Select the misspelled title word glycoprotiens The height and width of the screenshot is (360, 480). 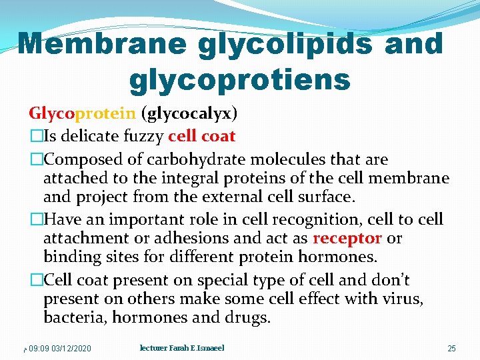pos(239,79)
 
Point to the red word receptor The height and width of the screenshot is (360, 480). pos(347,239)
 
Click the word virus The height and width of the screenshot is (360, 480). pos(402,299)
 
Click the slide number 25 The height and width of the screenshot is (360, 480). pos(451,349)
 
